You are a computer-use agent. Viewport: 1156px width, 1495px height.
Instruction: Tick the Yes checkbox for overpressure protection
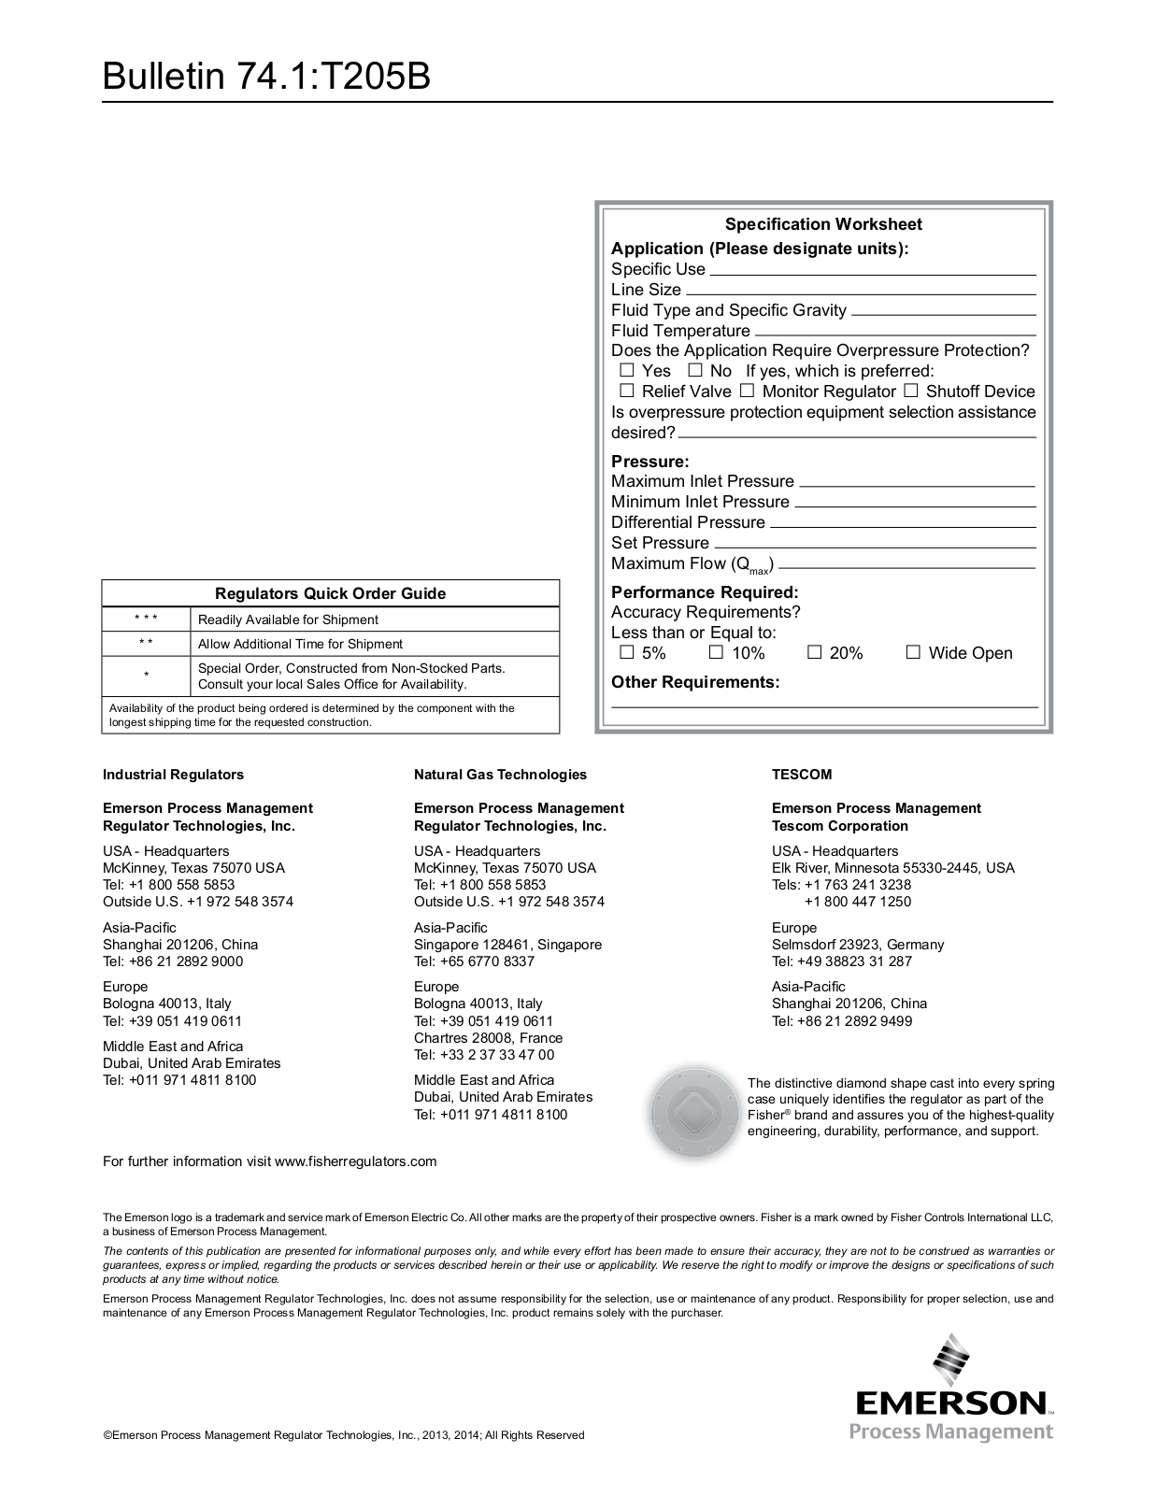click(627, 371)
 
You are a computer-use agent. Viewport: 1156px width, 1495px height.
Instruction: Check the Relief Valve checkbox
click(627, 392)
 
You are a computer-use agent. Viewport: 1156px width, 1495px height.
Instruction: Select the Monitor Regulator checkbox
click(748, 392)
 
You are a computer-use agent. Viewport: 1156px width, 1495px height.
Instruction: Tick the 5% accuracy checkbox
click(627, 653)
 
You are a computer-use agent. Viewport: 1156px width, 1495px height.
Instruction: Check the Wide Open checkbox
click(913, 653)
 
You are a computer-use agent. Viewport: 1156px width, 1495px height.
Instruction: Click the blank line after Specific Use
click(873, 272)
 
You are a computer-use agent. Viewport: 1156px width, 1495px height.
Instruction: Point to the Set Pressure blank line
click(875, 545)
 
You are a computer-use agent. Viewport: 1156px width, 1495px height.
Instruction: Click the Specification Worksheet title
click(823, 224)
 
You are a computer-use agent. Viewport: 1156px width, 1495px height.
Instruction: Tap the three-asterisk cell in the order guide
click(146, 619)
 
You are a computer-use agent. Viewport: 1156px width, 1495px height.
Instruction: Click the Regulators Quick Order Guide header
click(330, 593)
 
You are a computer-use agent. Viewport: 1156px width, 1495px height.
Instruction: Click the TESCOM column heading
click(801, 775)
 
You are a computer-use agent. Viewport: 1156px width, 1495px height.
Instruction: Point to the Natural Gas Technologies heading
click(500, 775)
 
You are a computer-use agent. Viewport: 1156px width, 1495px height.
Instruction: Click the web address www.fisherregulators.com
click(355, 1161)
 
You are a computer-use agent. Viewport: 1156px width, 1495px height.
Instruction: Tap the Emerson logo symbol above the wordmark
click(952, 1362)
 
